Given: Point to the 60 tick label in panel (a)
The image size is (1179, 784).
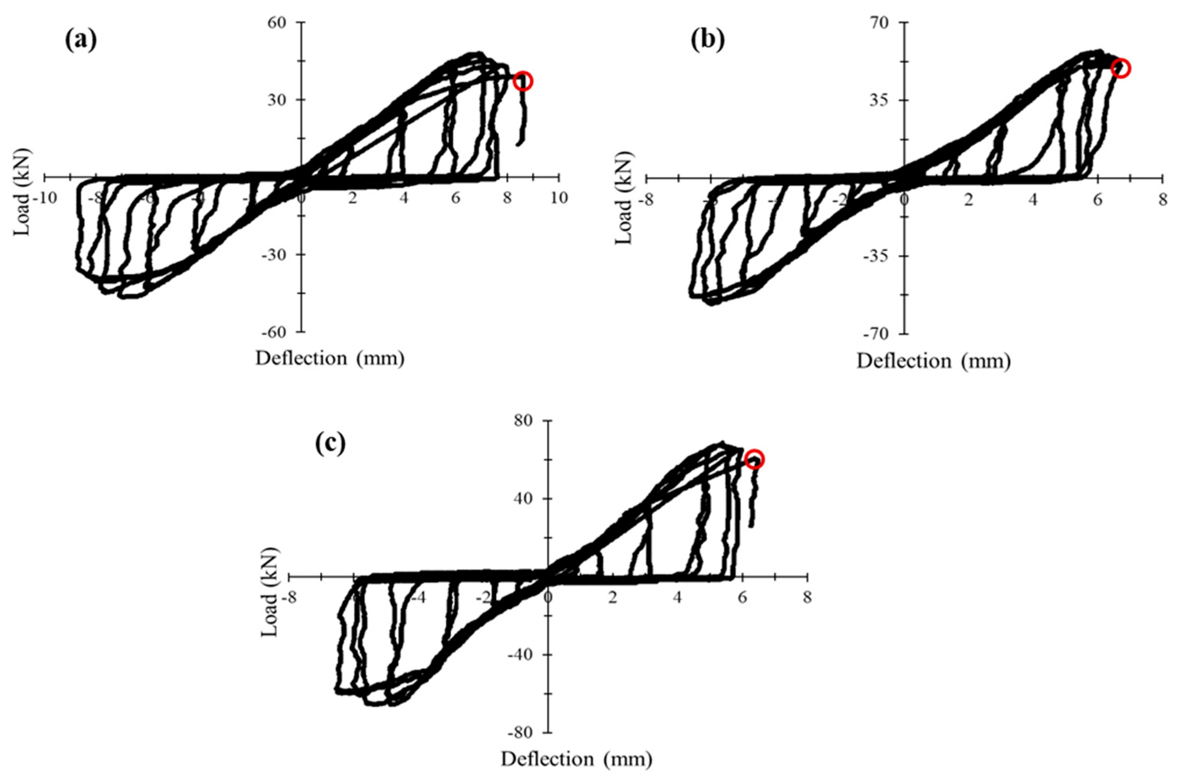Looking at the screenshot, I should click(x=282, y=22).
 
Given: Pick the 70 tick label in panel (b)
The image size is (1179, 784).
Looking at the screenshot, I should click(x=884, y=22).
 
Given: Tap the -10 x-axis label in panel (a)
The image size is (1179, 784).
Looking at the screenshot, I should click(x=44, y=198).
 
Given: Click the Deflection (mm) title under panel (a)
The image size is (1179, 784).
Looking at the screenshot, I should click(x=330, y=359).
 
